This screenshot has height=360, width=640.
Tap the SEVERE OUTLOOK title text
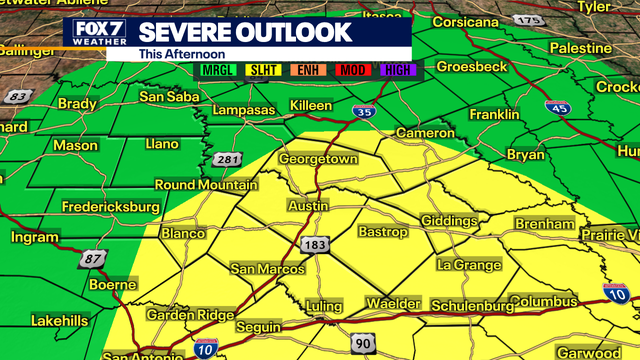pyautogui.click(x=244, y=32)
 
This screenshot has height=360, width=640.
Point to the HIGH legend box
pyautogui.click(x=396, y=68)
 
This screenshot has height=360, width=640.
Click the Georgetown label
pyautogui.click(x=318, y=159)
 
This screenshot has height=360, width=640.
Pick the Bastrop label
pyautogui.click(x=383, y=232)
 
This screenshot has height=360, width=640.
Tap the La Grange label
pyautogui.click(x=469, y=265)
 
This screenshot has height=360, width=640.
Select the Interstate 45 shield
pyautogui.click(x=557, y=108)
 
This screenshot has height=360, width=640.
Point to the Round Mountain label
pyautogui.click(x=205, y=185)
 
